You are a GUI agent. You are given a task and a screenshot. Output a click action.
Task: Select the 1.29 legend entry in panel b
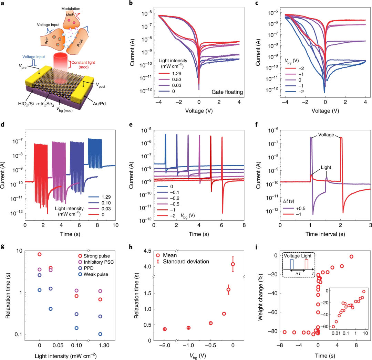coord(172,74)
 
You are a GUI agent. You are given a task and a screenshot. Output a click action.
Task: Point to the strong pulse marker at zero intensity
coord(40,254)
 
